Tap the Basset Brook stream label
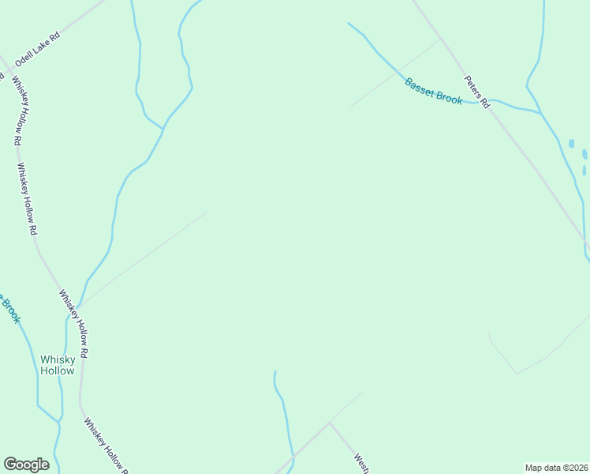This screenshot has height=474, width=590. click(x=434, y=91)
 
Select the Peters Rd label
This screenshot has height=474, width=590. click(x=476, y=92)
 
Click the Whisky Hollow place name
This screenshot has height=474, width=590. click(x=58, y=365)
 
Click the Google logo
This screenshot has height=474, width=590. click(x=26, y=465)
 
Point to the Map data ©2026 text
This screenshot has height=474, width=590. click(x=556, y=468)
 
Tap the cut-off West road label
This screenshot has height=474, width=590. click(x=361, y=463)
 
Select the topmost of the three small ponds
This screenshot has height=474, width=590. click(x=571, y=144)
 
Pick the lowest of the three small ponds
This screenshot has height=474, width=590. click(x=584, y=170)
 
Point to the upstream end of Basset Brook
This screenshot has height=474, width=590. click(x=349, y=23)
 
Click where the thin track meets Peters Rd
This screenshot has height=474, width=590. click(x=440, y=39)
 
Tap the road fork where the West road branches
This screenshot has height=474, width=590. click(x=329, y=423)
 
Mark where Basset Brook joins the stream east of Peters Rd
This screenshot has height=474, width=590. click(x=541, y=113)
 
